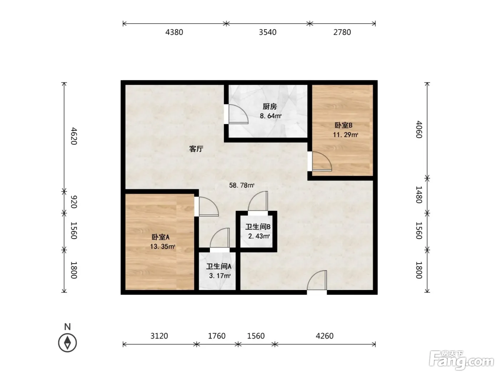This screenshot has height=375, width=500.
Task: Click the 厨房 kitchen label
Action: [x=270, y=106]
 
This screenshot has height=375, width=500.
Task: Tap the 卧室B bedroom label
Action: [x=343, y=125]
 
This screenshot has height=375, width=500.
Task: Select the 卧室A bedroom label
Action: [x=160, y=237]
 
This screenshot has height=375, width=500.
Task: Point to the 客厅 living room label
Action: [x=196, y=149]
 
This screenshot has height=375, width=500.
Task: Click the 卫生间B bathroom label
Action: [x=258, y=227]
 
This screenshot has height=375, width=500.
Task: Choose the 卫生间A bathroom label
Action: [x=219, y=266]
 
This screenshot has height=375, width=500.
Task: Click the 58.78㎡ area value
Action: [x=241, y=185]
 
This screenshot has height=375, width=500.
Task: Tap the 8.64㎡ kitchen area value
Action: [x=271, y=116]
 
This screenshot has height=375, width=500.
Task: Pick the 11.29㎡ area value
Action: [x=345, y=135]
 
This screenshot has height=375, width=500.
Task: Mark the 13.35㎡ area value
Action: [x=162, y=246]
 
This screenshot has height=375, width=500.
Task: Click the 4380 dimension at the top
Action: [x=174, y=32]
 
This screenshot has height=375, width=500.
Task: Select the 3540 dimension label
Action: [x=267, y=32]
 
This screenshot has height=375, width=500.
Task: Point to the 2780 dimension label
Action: [x=342, y=32]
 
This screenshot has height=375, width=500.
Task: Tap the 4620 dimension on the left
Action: [x=74, y=136]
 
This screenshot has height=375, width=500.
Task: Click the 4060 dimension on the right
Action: [x=419, y=130]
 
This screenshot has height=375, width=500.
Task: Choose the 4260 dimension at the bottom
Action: [x=325, y=336]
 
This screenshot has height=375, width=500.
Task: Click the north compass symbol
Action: [x=67, y=343]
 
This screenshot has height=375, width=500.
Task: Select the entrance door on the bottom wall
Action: [x=317, y=280]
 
